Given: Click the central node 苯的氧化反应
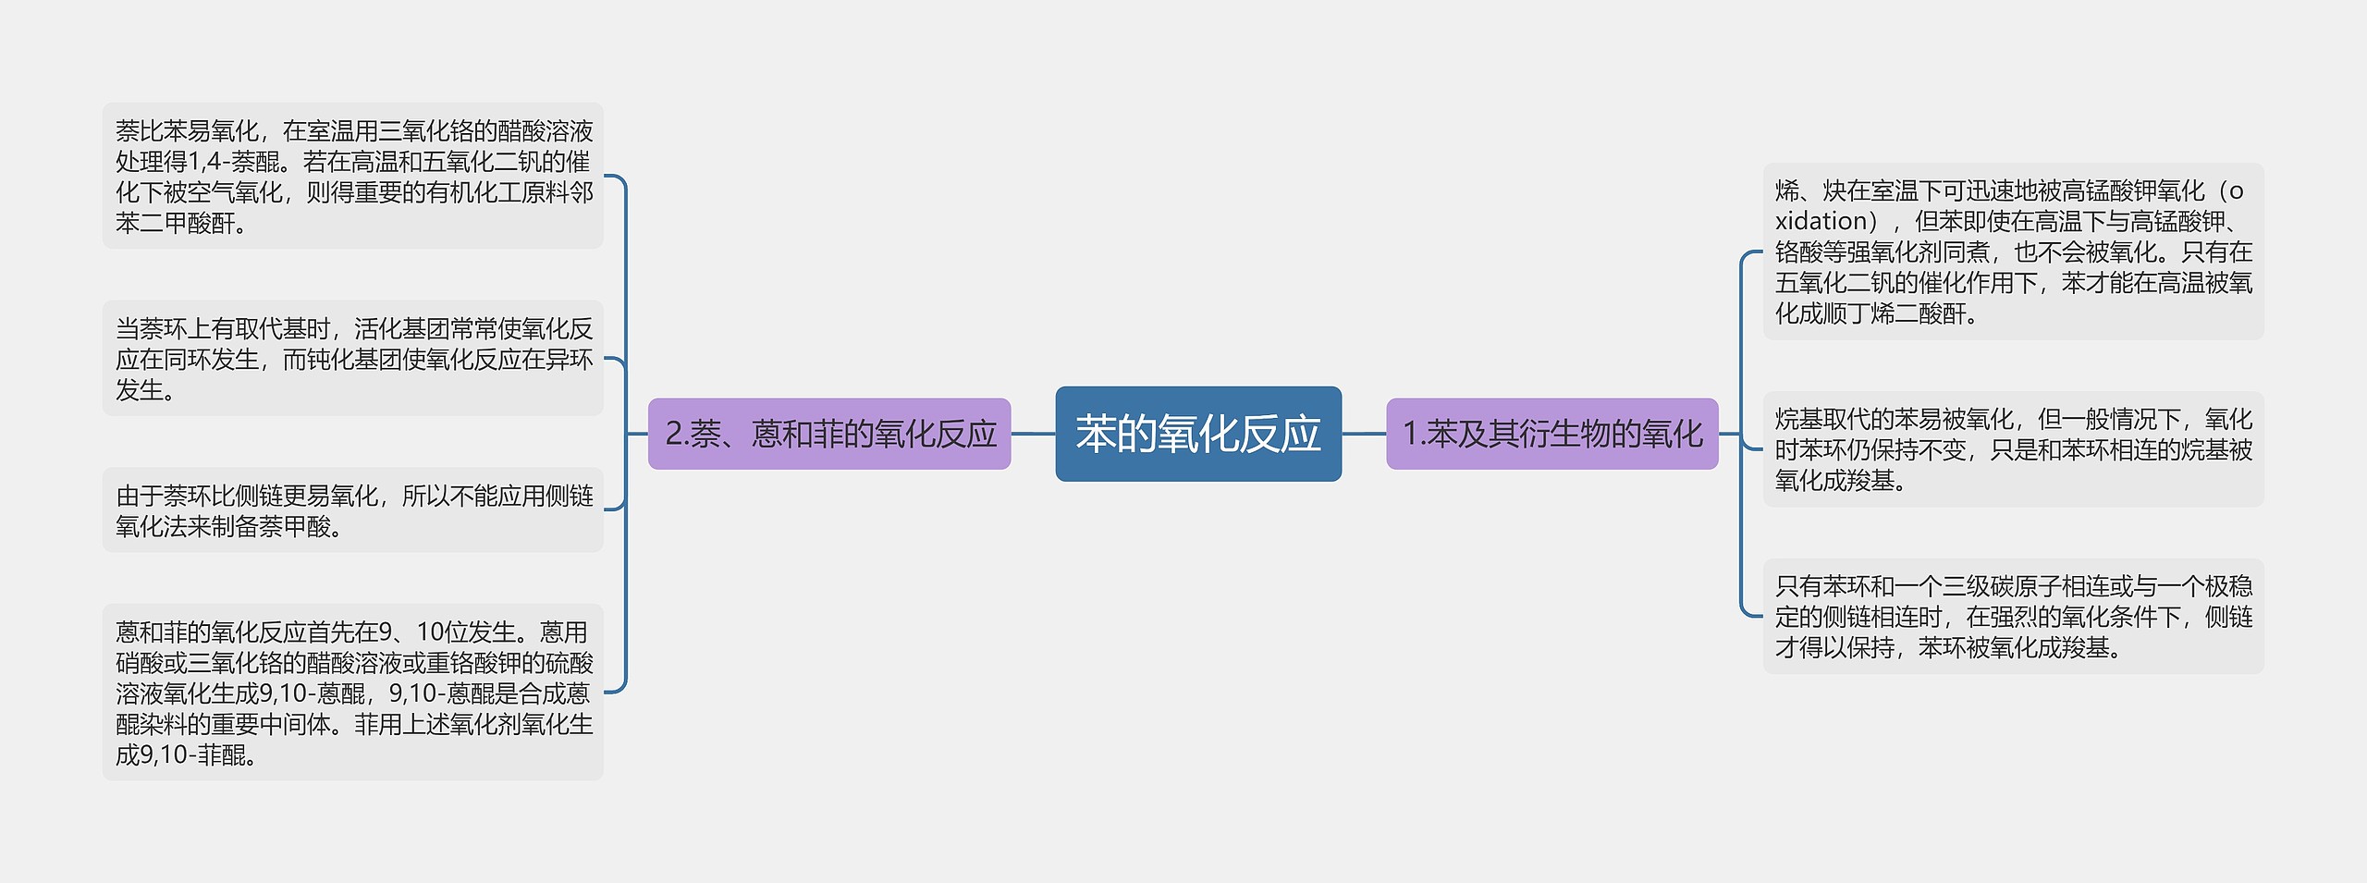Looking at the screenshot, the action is [x=1197, y=434].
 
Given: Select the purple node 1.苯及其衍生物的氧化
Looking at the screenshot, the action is [x=1551, y=434].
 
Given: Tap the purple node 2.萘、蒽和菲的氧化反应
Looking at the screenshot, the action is [x=829, y=434].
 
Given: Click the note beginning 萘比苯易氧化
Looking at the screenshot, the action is [x=352, y=176].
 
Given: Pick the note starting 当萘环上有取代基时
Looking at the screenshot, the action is [x=352, y=358].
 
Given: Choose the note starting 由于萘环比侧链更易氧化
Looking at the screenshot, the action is [x=352, y=510].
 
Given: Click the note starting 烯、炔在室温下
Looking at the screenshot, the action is [x=2013, y=251].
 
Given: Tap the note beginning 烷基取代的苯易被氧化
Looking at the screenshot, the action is [x=2013, y=449].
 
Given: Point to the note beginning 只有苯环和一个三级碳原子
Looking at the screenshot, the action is [x=2013, y=616].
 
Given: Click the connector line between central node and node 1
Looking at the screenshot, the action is [x=1364, y=434].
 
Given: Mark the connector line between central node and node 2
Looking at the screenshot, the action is [x=1033, y=434].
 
